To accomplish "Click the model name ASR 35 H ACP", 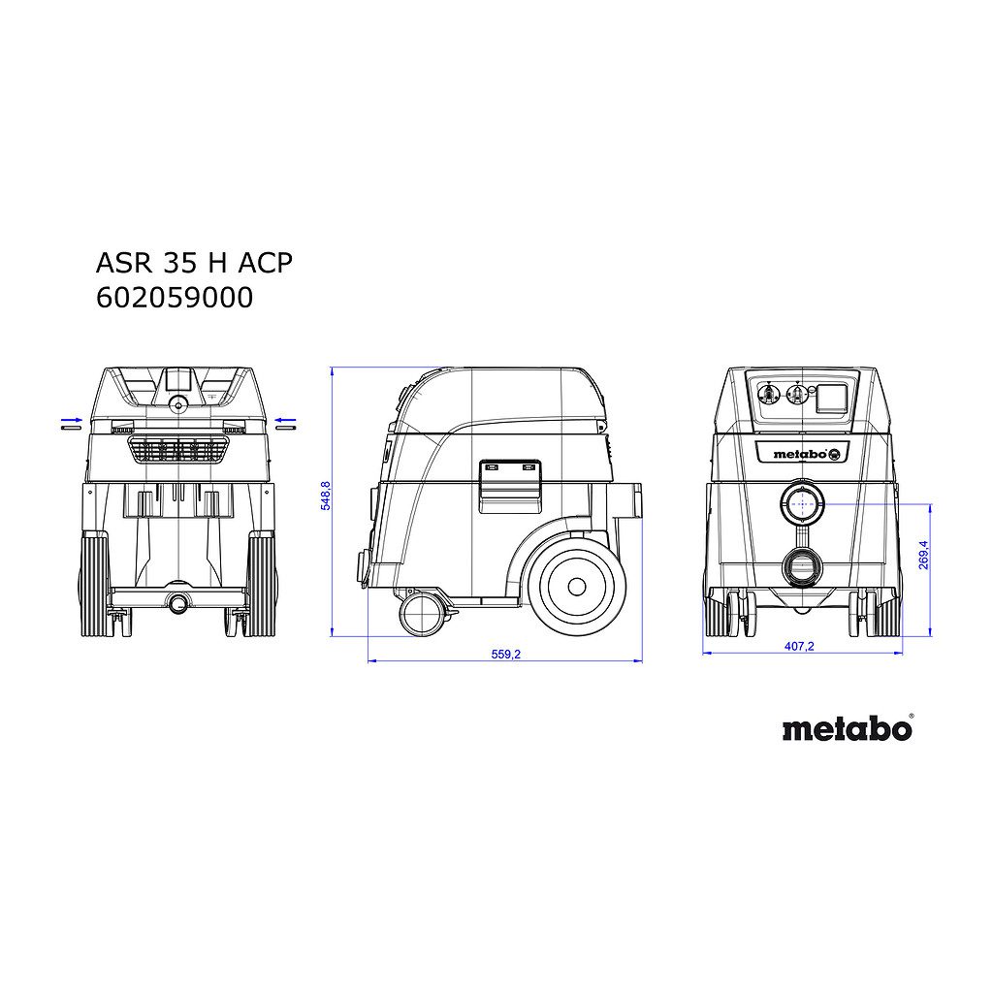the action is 194,263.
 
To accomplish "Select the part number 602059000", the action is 175,298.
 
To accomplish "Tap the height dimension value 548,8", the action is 326,496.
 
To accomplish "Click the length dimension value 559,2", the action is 506,655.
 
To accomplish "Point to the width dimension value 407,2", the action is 799,646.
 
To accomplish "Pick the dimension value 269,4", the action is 923,555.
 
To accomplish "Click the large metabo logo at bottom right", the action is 848,728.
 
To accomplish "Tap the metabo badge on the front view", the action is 801,454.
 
